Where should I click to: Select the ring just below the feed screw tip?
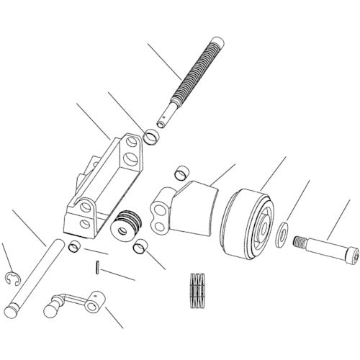(152, 135)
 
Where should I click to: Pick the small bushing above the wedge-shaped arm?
(181, 173)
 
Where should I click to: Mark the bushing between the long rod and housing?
(74, 248)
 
